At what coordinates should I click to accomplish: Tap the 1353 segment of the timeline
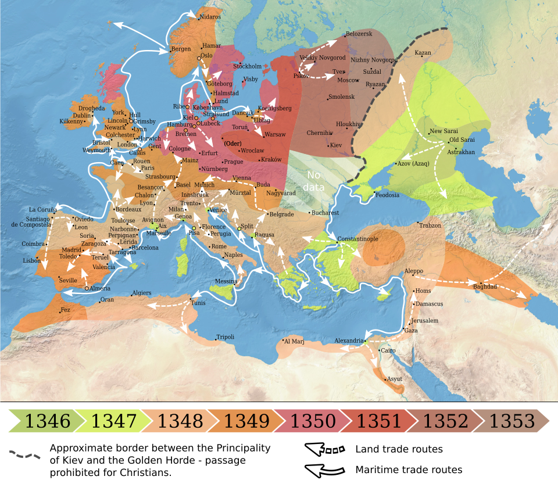coord(512,421)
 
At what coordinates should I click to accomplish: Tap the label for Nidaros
coord(210,17)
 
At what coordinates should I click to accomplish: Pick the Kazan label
coord(423,53)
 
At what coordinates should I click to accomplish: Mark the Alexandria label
coord(349,340)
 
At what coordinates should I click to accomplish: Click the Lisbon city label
coord(32,261)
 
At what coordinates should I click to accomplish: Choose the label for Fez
coord(65,310)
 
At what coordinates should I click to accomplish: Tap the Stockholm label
coord(247,66)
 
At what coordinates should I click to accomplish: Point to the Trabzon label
coord(430,225)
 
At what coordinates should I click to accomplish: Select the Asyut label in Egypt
coord(395,379)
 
